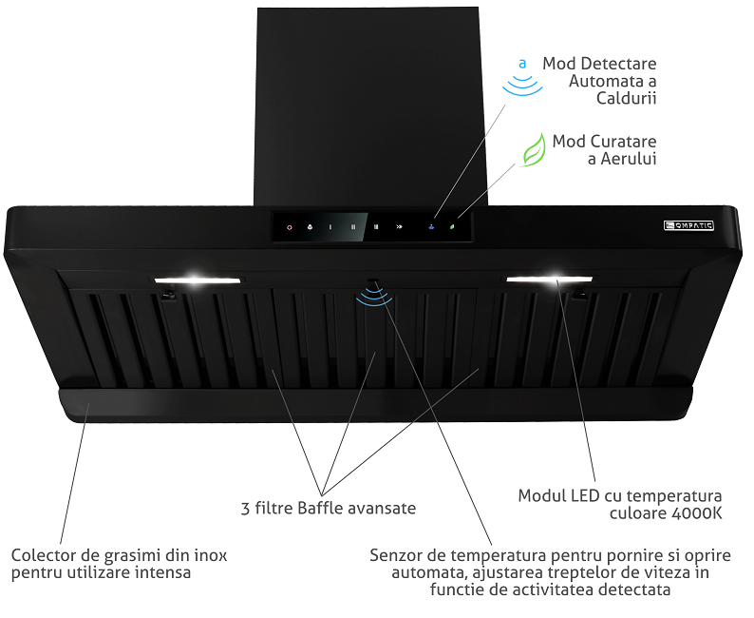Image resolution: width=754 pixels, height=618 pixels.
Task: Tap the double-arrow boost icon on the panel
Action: pos(400,227)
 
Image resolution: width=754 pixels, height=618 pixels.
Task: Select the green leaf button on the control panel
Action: pos(453,227)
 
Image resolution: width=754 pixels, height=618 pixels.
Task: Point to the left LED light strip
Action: pos(197,280)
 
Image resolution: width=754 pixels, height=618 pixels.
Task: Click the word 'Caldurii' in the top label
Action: pos(627,98)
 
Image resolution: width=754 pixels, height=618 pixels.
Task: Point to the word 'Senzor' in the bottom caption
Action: pos(395,554)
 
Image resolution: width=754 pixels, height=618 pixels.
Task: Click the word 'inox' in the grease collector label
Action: pos(212,554)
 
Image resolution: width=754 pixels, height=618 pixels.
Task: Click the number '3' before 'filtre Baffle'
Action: pos(246,508)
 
